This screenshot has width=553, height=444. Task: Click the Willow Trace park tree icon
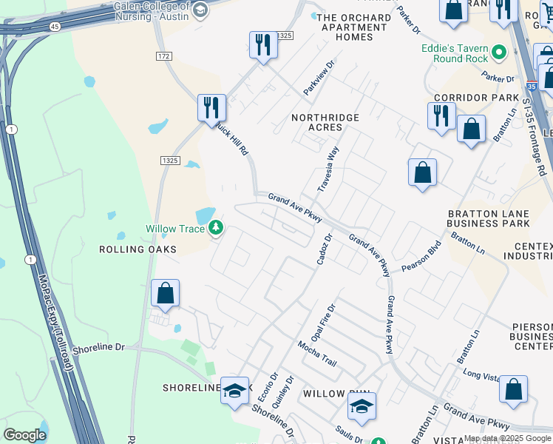coord(216,228)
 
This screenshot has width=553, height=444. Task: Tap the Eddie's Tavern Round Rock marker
coord(499,53)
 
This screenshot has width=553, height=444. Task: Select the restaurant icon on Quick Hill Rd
coord(211,107)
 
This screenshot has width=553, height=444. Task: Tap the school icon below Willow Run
coord(362,406)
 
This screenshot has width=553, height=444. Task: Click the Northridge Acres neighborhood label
coord(325,122)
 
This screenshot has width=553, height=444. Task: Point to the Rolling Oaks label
coord(138,249)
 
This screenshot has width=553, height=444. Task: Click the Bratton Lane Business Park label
coord(489,218)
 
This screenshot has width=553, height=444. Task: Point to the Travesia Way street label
coord(328,169)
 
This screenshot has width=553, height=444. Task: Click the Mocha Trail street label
coord(317,354)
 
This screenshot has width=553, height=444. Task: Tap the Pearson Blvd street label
coord(421,256)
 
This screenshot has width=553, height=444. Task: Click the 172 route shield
coord(164,56)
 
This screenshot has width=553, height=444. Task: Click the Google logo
coord(24,434)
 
